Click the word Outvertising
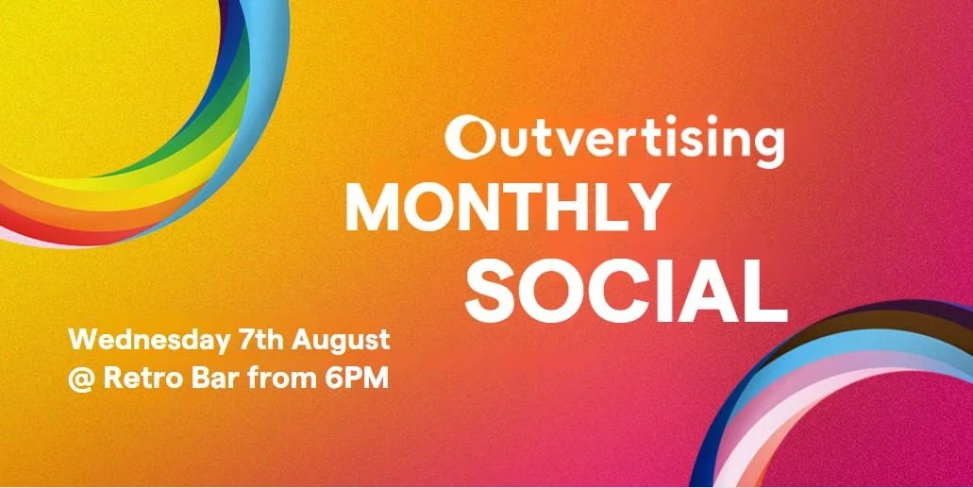click(x=614, y=138)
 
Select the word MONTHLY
click(x=505, y=208)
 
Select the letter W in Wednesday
click(x=82, y=339)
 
